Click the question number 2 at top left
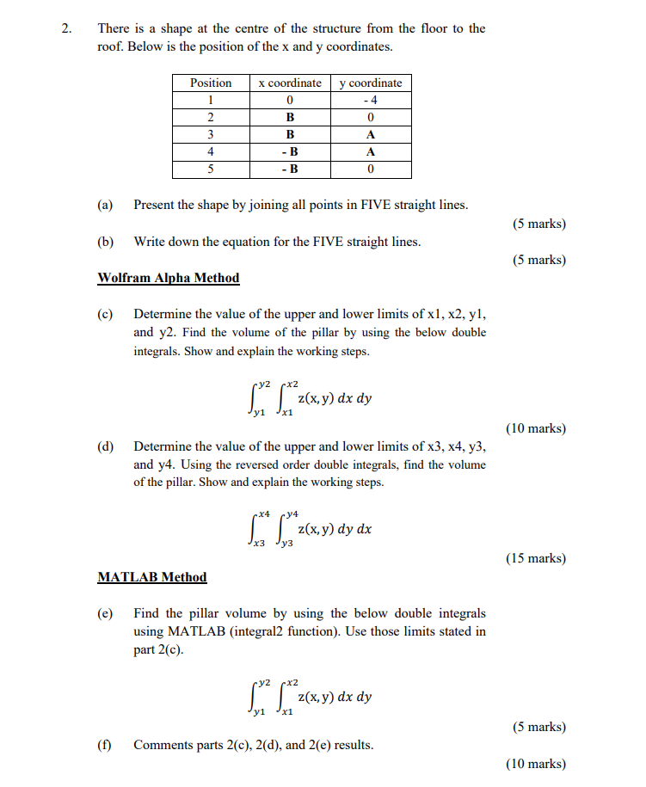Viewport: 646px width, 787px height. [x=67, y=28]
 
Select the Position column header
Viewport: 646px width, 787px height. [x=211, y=83]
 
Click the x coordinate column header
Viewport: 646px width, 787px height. [x=290, y=83]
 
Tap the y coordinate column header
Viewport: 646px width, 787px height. [x=371, y=83]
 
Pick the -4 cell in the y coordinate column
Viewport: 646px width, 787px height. [x=371, y=100]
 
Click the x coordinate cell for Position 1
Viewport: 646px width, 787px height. [x=290, y=100]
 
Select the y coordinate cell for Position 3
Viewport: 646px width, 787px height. [x=371, y=134]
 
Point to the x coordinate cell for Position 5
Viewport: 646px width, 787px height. [x=290, y=169]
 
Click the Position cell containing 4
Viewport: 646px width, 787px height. [x=211, y=151]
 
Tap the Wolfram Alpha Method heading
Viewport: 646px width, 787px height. [x=169, y=278]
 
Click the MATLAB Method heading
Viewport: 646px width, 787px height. [x=152, y=577]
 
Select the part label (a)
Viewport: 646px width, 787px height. [x=106, y=205]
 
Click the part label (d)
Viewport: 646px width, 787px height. [x=106, y=446]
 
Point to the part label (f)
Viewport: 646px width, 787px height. [x=106, y=745]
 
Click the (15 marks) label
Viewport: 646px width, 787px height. [x=537, y=558]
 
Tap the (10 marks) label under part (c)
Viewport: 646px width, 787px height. [x=537, y=427]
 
